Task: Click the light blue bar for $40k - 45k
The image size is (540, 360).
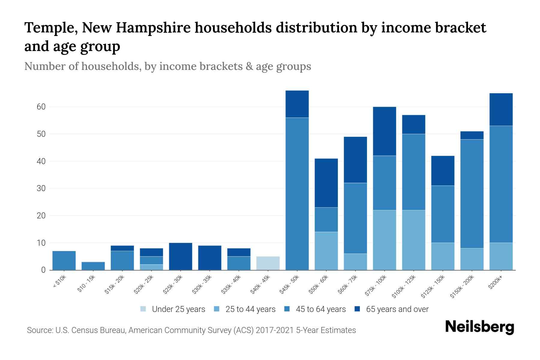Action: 268,263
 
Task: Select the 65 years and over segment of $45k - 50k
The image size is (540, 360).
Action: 297,104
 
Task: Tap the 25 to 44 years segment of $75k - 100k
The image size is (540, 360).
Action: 384,240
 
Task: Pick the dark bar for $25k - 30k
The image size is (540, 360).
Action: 181,256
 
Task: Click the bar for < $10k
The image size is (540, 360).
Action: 64,260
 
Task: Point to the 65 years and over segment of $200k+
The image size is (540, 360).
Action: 501,109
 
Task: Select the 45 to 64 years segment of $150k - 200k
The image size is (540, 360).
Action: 472,194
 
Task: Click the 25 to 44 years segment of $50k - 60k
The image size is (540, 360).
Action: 326,251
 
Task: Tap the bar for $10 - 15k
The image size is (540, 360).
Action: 93,266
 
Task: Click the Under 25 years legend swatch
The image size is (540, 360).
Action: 143,309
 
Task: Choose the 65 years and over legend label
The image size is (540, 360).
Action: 397,309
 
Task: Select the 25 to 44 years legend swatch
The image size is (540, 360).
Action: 217,309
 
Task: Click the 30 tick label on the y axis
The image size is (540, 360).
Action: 41,188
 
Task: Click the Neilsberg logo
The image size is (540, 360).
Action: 479,327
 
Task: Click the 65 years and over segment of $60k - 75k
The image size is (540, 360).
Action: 355,160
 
